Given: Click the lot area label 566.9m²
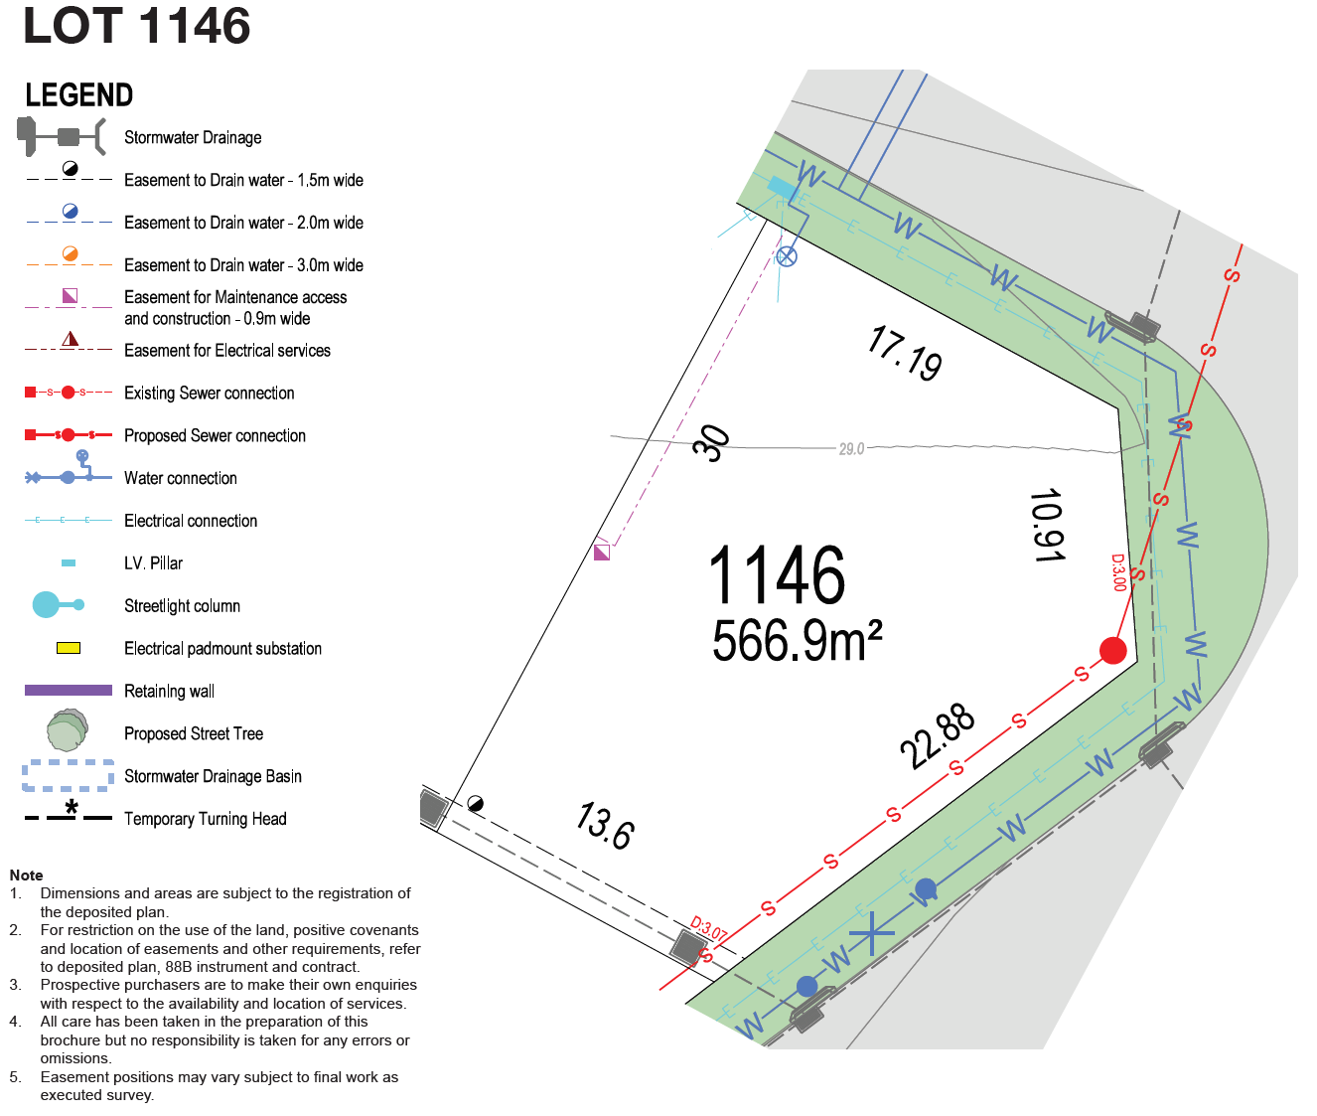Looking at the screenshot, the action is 797,641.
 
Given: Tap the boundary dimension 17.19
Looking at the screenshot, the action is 905,353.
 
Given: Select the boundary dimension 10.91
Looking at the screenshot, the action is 1048,525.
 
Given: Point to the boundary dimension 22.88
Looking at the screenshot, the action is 938,735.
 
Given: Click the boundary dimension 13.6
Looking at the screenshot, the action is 605,826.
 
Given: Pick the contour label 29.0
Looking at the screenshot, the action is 851,449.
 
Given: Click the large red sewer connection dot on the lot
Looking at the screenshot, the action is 1113,651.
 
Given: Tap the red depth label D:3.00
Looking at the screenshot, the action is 1118,572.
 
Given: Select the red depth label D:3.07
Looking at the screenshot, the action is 708,928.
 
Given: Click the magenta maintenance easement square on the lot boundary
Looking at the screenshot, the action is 602,552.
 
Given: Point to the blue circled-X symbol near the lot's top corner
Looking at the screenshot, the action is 787,256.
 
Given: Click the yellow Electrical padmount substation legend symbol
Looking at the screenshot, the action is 69,648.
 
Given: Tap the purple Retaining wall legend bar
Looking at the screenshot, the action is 69,691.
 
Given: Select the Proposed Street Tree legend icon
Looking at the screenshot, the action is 67,730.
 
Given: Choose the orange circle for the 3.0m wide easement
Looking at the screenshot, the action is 71,253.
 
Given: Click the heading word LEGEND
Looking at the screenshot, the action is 79,95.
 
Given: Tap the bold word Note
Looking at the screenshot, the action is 26,876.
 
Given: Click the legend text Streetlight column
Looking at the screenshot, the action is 182,605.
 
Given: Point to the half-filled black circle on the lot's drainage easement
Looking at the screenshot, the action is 476,803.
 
